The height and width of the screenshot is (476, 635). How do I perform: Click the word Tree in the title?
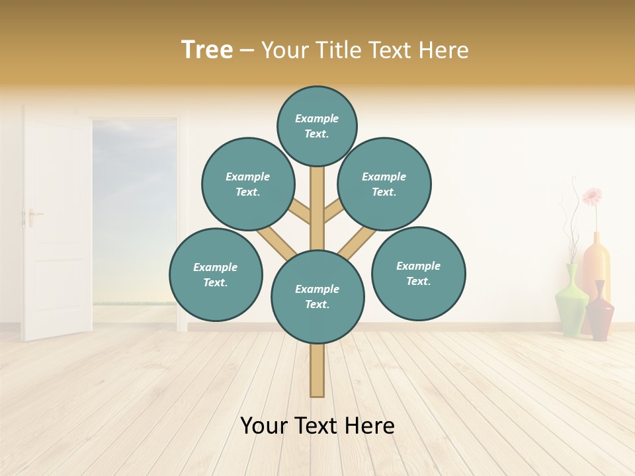pyautogui.click(x=207, y=50)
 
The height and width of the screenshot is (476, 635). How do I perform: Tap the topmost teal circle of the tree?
pyautogui.click(x=317, y=126)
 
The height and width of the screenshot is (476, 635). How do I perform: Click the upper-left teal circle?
pyautogui.click(x=248, y=184)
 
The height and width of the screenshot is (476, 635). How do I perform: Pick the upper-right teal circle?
pyautogui.click(x=384, y=184)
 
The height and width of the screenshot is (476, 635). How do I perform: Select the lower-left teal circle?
pyautogui.click(x=216, y=274)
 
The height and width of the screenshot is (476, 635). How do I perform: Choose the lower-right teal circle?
pyautogui.click(x=418, y=273)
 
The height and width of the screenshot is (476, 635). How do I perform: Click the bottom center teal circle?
pyautogui.click(x=317, y=296)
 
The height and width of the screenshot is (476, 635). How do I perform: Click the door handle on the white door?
pyautogui.click(x=31, y=216)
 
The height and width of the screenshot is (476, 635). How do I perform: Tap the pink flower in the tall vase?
pyautogui.click(x=592, y=196)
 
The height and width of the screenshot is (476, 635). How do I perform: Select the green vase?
pyautogui.click(x=571, y=301)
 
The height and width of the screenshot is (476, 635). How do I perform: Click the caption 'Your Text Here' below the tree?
pyautogui.click(x=317, y=426)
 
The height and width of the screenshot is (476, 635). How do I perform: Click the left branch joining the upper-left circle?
pyautogui.click(x=299, y=212)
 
